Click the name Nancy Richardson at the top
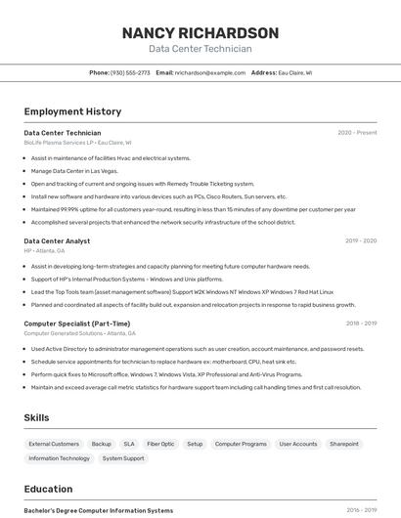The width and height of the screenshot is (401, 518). click(200, 33)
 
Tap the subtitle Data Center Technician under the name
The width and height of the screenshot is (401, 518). click(200, 49)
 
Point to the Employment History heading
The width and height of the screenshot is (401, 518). click(72, 111)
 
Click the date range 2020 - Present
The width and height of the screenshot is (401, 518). click(357, 133)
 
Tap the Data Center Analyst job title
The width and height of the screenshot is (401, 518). click(57, 240)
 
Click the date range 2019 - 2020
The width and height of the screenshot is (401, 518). click(360, 240)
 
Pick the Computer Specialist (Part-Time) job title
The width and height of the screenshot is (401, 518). click(76, 324)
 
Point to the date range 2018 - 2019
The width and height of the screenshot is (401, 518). click(360, 324)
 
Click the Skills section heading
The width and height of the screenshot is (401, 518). click(36, 418)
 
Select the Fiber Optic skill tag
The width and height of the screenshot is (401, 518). click(160, 444)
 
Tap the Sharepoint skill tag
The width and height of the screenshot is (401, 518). click(343, 444)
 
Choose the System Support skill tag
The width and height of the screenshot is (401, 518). click(123, 458)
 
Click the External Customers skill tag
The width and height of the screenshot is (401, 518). click(54, 444)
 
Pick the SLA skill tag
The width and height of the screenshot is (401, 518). click(129, 444)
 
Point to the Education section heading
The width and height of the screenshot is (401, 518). click(48, 489)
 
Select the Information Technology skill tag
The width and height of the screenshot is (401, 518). click(59, 458)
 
